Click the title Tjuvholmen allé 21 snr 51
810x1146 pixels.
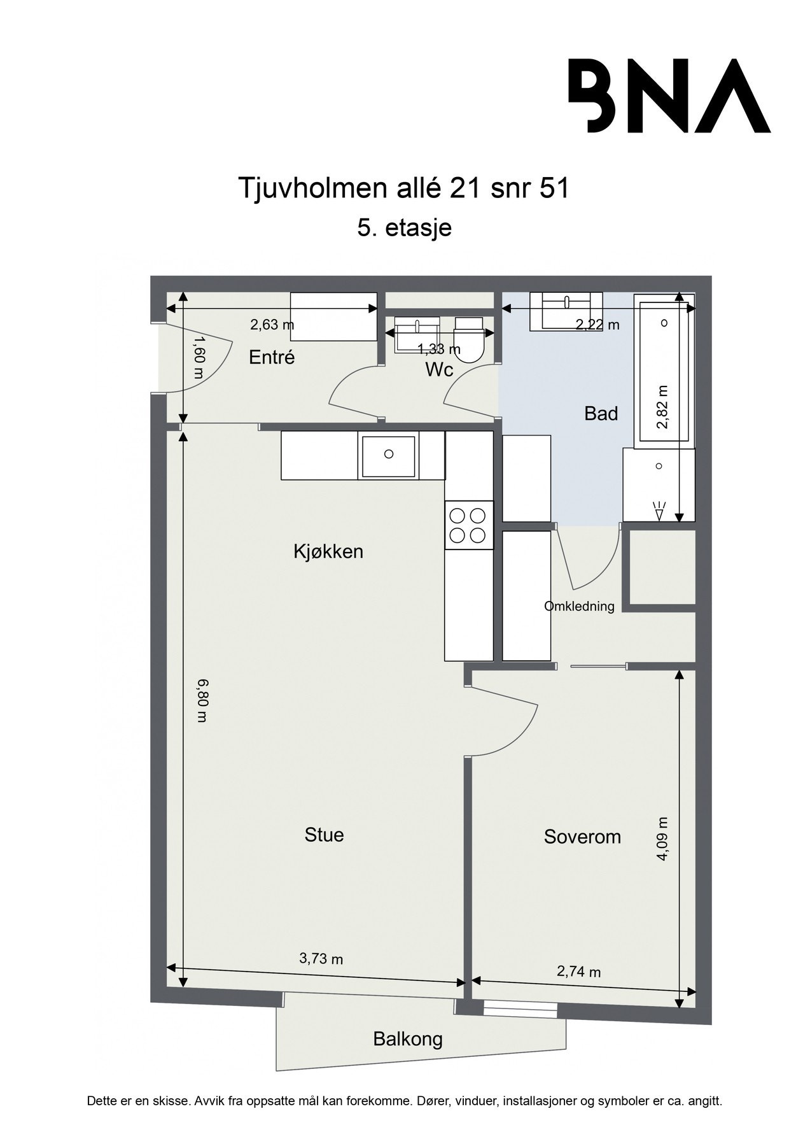[x=403, y=189]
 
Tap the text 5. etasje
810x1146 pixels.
[x=404, y=227]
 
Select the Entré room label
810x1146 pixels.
[x=272, y=357]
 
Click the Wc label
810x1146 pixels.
[x=439, y=369]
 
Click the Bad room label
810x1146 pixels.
[x=601, y=414]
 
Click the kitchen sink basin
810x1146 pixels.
[x=388, y=455]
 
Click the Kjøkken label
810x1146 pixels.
[x=328, y=551]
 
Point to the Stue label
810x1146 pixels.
[x=324, y=835]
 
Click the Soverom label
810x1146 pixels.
[x=582, y=837]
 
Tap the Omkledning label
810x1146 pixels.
[x=579, y=606]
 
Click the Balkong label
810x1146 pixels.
[x=407, y=1040]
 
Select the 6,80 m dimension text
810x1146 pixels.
[x=202, y=700]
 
